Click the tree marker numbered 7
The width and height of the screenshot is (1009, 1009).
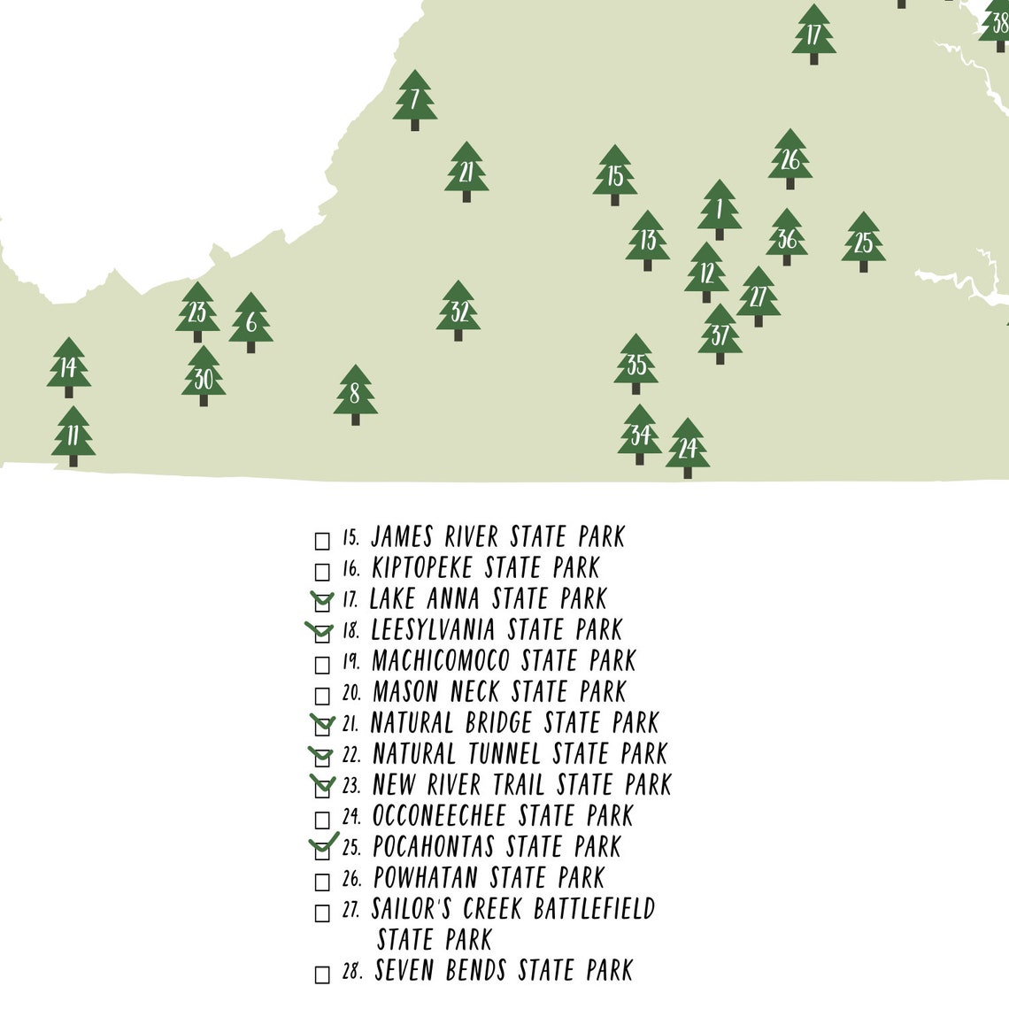point(415,100)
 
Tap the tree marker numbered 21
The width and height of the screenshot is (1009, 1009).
point(466,172)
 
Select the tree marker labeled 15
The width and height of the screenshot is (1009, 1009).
point(615,175)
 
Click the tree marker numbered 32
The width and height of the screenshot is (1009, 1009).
point(458,311)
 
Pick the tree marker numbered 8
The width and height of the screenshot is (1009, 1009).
point(355,395)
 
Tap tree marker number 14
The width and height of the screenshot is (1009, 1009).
point(69,367)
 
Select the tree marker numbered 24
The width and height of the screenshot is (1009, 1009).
point(688,448)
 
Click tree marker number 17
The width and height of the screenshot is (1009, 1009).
point(813,35)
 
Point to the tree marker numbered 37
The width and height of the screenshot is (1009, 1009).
point(720,335)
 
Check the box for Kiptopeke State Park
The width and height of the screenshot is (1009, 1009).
point(322,572)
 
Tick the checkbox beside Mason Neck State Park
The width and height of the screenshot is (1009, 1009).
point(322,696)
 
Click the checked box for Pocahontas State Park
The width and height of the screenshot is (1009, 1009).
point(322,850)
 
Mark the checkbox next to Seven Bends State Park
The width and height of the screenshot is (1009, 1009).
point(322,974)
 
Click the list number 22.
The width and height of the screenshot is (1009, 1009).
point(351,755)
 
